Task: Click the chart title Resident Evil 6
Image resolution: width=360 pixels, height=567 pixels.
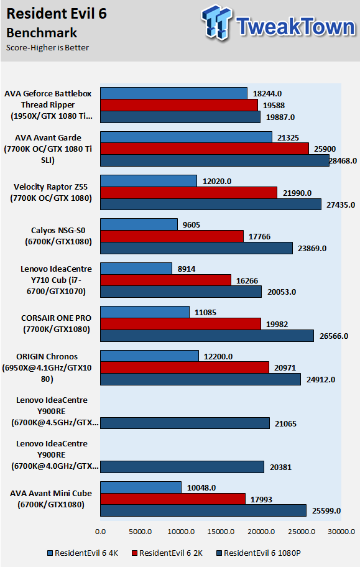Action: [x=57, y=14]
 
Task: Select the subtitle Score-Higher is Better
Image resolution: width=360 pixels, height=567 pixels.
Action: [x=47, y=48]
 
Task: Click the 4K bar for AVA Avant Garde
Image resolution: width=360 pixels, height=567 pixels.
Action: [x=186, y=137]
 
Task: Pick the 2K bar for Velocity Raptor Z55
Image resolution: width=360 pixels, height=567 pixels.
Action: [x=188, y=192]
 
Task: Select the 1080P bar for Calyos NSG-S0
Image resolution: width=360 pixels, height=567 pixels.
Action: [x=196, y=248]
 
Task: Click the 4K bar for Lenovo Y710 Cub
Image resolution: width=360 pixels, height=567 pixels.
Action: [x=136, y=269]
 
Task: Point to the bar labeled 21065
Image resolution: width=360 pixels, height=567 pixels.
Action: [x=185, y=423]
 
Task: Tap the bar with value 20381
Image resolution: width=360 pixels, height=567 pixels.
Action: [x=182, y=467]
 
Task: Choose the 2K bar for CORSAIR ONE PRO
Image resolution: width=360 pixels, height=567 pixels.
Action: [x=180, y=324]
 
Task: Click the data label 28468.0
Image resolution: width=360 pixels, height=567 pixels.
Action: [x=343, y=161]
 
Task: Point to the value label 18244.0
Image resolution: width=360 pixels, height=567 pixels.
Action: [x=267, y=94]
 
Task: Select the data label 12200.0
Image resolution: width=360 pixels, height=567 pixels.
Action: [x=218, y=356]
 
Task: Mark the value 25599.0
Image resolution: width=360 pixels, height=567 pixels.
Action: [x=326, y=510]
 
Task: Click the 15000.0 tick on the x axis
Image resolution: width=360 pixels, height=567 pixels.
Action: [x=221, y=532]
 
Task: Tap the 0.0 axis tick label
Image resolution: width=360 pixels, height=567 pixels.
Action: [x=100, y=532]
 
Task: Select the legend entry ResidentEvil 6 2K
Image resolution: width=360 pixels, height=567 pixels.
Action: [x=167, y=553]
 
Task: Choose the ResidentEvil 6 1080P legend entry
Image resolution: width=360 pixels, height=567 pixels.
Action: [x=258, y=553]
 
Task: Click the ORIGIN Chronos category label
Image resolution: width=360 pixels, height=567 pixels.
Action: [x=47, y=368]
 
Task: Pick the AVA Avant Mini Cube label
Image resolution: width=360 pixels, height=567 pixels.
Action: [x=51, y=499]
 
